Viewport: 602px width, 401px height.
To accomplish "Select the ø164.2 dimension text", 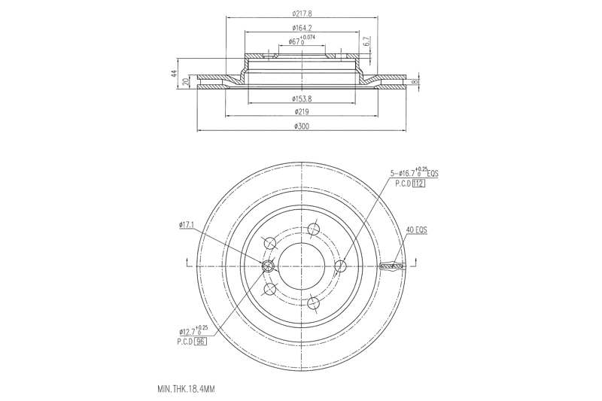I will (x=301, y=28).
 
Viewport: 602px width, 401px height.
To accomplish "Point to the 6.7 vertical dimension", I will (x=366, y=43).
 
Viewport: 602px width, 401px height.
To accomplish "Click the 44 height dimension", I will (x=174, y=74).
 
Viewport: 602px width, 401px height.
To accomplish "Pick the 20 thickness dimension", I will (x=187, y=82).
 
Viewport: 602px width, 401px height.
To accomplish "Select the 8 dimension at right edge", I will (x=415, y=79).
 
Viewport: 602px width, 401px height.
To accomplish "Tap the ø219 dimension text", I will (x=301, y=112).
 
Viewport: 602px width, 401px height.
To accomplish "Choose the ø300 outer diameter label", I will (x=301, y=126).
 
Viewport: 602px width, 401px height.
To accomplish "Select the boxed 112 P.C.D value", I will (x=419, y=184).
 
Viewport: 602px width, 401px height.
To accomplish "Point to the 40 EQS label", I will (x=416, y=230).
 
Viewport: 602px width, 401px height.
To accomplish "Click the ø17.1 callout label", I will (x=187, y=224).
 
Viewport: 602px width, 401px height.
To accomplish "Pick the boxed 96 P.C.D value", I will (x=200, y=341).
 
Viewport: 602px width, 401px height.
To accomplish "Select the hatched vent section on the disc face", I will (x=392, y=266).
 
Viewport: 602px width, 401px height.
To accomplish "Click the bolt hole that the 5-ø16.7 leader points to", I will (x=339, y=266).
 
